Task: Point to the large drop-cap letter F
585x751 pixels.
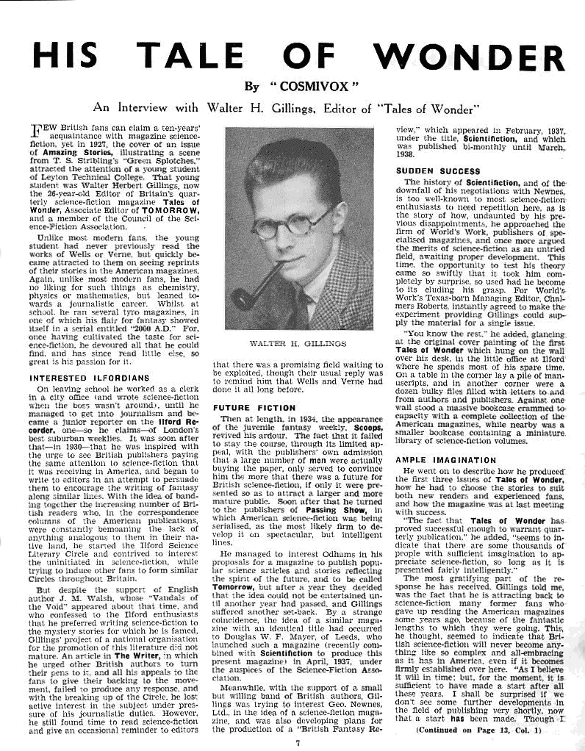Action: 40,132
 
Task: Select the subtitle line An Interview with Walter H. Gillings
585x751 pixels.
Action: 291,109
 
